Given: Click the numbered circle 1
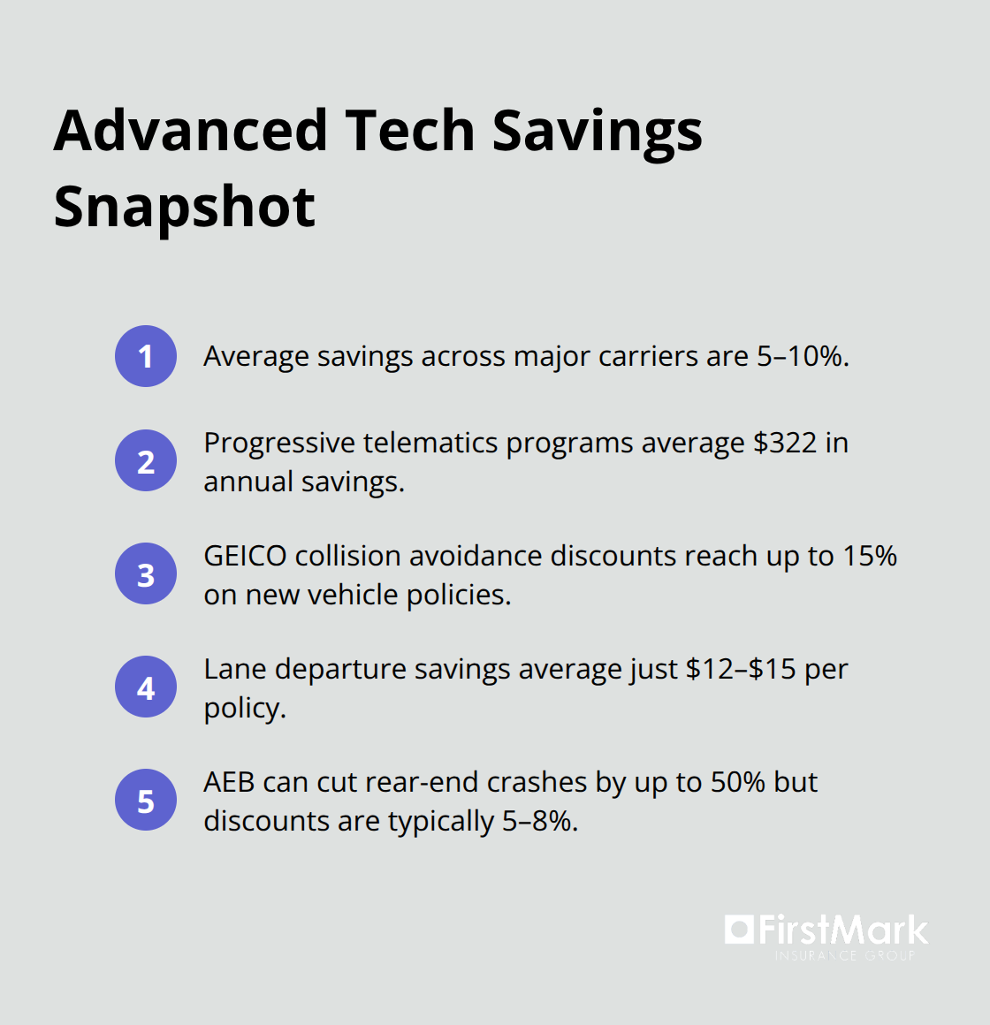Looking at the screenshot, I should coord(146,356).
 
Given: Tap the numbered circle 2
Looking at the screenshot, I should coord(146,461).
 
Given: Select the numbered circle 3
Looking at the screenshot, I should coord(146,574).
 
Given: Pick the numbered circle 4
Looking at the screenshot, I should coord(146,687).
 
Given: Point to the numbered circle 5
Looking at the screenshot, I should coord(146,801).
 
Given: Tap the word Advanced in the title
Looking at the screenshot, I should coord(191,131).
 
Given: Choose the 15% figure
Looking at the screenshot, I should coord(870,556).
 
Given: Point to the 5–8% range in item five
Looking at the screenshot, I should coord(539,821).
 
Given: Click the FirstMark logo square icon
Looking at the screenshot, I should coord(739,929).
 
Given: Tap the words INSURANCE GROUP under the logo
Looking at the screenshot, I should coord(845,955).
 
